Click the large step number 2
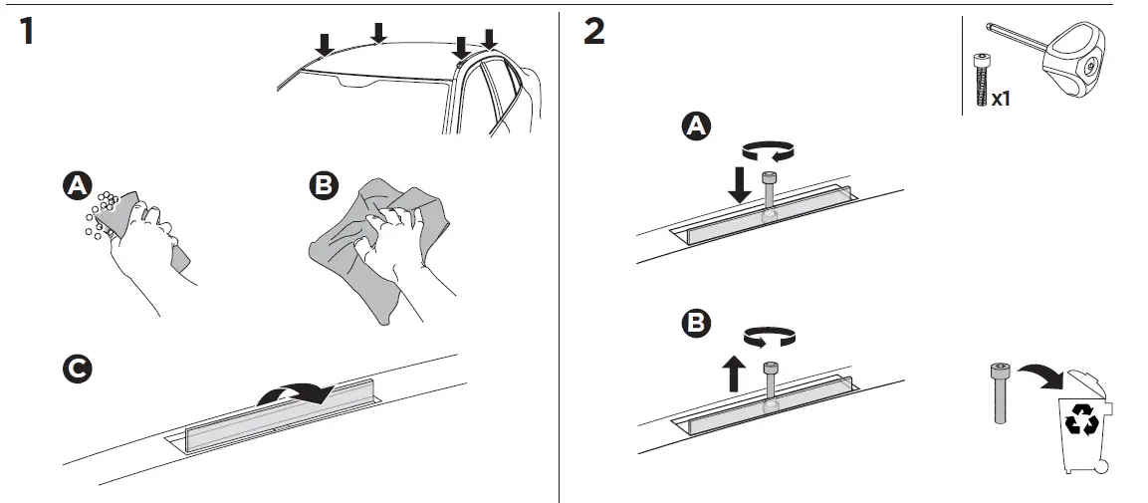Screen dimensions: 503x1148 [593, 31]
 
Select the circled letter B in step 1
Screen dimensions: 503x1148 [325, 186]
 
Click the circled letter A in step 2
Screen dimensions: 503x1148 [696, 126]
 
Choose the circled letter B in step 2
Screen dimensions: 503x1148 [696, 324]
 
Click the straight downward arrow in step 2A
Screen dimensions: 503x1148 [739, 184]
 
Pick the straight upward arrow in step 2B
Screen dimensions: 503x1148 [734, 374]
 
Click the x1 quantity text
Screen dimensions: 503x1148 [1001, 99]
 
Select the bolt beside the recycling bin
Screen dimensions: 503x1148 [997, 393]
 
